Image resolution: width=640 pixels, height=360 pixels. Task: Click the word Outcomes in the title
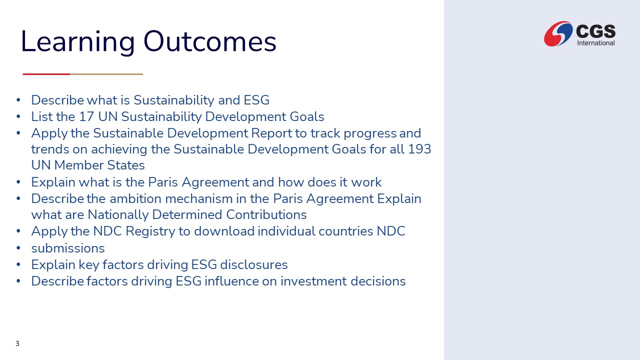pos(209,41)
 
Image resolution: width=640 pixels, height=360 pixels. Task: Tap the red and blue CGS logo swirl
pos(558,33)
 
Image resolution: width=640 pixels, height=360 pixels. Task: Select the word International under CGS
pos(595,43)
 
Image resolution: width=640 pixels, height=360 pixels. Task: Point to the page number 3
pos(17,343)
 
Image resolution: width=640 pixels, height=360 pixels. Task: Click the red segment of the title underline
pos(46,74)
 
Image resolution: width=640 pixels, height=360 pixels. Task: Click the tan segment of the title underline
pos(106,74)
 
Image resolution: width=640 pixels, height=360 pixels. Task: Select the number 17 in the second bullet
pos(86,116)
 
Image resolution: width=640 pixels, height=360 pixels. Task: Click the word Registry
pos(150,231)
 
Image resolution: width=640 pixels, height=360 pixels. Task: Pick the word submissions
pos(68,248)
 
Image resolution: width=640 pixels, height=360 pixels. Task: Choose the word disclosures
pos(253,264)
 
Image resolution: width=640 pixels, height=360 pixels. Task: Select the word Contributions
pos(266,215)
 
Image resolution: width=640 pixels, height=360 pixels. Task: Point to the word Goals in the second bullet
pos(307,116)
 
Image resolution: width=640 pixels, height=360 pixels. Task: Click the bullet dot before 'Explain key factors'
pos(18,264)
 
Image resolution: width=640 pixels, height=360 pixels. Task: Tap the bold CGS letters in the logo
pos(595,31)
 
